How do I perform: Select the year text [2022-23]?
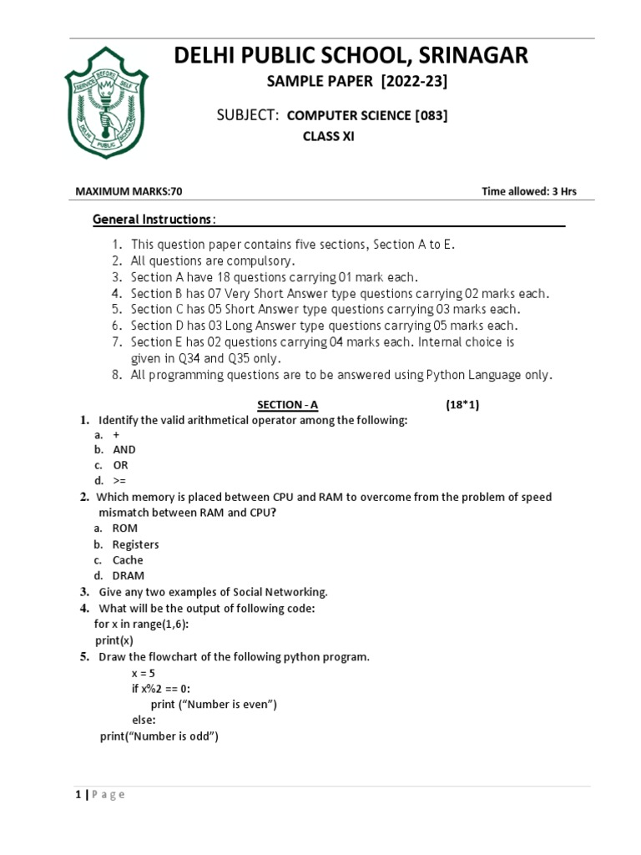tap(411, 81)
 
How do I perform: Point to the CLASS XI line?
tap(328, 137)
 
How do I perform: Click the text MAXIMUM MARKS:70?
tap(129, 191)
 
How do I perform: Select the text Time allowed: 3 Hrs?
tap(529, 191)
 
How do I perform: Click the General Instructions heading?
tap(153, 219)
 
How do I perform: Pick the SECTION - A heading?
tap(287, 405)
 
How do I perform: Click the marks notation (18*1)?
tap(462, 405)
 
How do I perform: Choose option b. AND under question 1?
tap(124, 449)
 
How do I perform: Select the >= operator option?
tap(121, 481)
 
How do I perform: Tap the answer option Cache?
tap(128, 560)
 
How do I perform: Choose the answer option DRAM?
tap(129, 576)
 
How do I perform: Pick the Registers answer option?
tap(135, 544)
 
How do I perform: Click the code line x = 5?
tap(144, 672)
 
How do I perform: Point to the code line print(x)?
tap(114, 640)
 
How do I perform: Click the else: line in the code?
tap(144, 720)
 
